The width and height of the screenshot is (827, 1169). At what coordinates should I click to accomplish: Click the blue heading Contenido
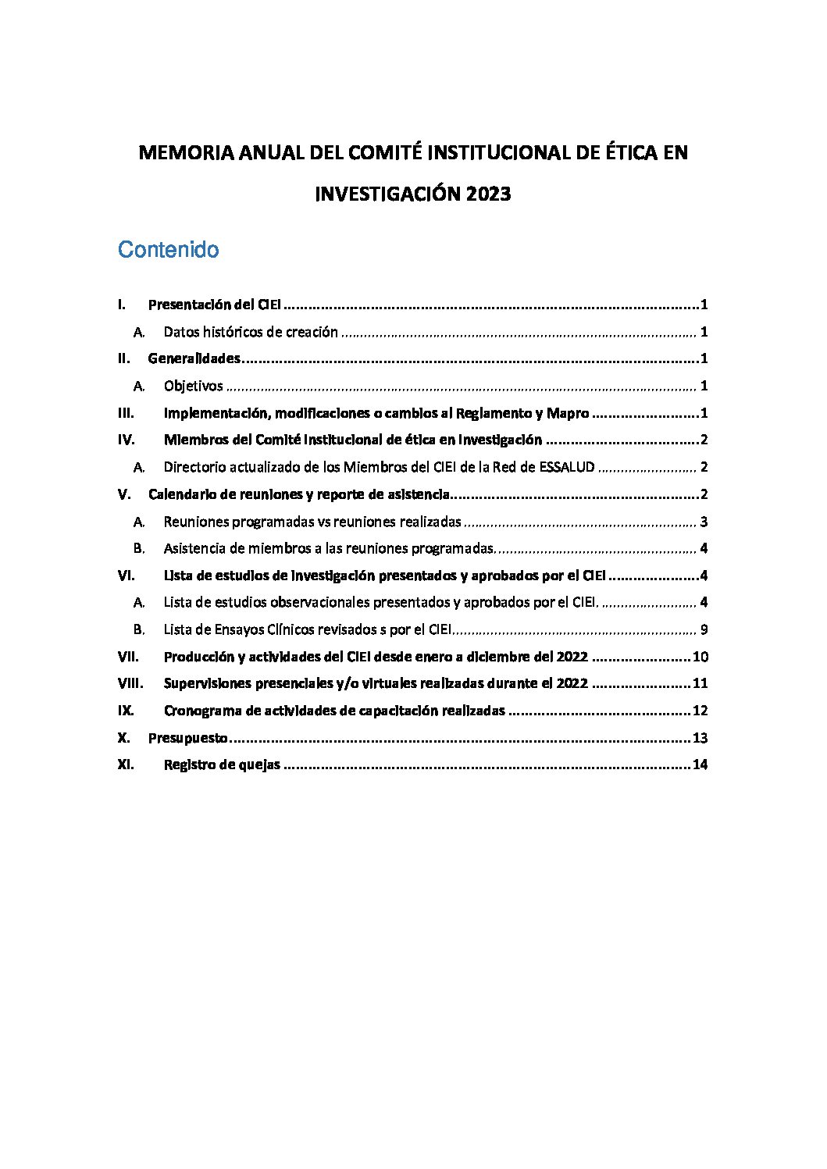coord(168,250)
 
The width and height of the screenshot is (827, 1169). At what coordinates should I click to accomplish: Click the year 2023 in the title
coord(489,194)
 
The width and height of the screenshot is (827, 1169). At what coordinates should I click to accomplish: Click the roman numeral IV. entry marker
coord(126,440)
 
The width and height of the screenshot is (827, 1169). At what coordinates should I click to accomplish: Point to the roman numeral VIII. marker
coord(130,683)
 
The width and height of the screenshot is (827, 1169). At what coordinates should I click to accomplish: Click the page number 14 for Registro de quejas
coord(700,764)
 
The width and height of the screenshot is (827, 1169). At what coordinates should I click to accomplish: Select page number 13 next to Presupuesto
coord(700,738)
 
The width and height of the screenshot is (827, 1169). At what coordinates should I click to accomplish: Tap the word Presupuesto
coord(187,738)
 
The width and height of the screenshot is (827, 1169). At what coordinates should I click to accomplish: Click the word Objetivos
coord(193,386)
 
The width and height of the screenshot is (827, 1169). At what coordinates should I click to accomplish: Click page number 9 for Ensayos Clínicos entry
coord(704,629)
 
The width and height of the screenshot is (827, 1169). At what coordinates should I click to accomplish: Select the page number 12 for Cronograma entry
coord(700,711)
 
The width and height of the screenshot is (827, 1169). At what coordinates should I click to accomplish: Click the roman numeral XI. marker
coord(125,764)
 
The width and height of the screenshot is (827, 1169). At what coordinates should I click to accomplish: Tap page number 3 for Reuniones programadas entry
coord(704,522)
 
